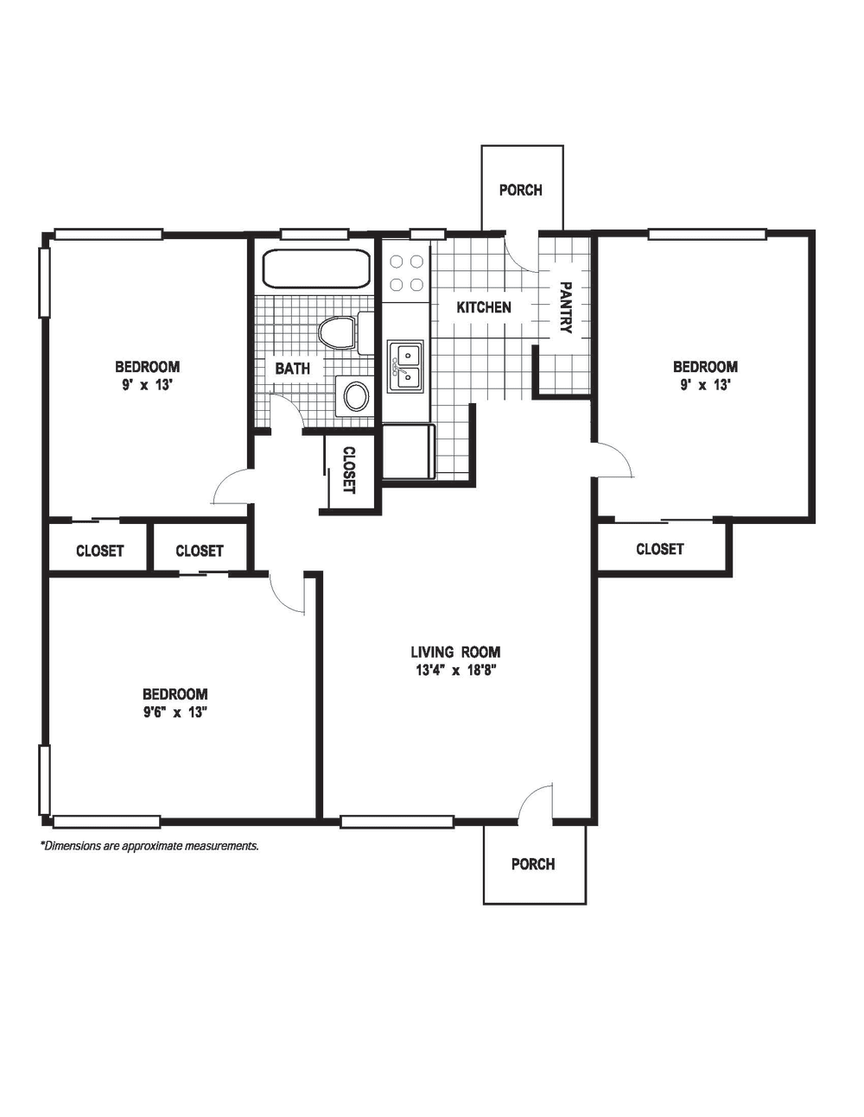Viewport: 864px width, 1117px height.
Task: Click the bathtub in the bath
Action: (316, 269)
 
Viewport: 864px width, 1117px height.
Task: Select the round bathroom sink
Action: (356, 396)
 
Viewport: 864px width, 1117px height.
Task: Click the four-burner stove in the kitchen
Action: (406, 272)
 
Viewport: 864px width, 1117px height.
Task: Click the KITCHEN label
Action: (484, 307)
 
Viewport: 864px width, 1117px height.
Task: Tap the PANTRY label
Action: (565, 307)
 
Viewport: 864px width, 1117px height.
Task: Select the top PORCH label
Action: (521, 190)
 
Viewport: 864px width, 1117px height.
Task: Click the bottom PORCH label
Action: (533, 864)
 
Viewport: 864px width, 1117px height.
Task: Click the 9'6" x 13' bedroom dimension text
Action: (175, 713)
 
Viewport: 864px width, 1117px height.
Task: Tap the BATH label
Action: (292, 369)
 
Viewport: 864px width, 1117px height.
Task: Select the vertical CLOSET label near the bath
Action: (349, 470)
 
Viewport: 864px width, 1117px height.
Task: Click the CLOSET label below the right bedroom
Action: (660, 549)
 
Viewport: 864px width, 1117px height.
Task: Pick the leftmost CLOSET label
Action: (100, 551)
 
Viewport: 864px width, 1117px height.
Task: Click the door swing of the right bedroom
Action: (615, 459)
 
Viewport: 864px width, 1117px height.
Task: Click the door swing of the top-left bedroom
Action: (230, 487)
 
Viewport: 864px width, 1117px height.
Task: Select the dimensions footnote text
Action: (149, 846)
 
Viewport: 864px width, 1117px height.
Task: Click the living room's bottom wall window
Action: (397, 822)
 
